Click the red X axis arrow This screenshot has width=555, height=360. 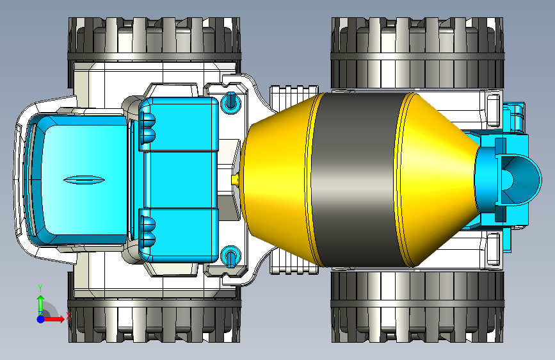tap(54, 319)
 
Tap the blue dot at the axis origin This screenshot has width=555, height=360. tap(41, 319)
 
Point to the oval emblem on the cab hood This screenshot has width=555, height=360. tap(84, 180)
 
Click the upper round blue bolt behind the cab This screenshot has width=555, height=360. tap(231, 102)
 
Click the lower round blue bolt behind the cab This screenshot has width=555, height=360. tap(231, 256)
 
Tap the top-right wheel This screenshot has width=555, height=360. tap(417, 53)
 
